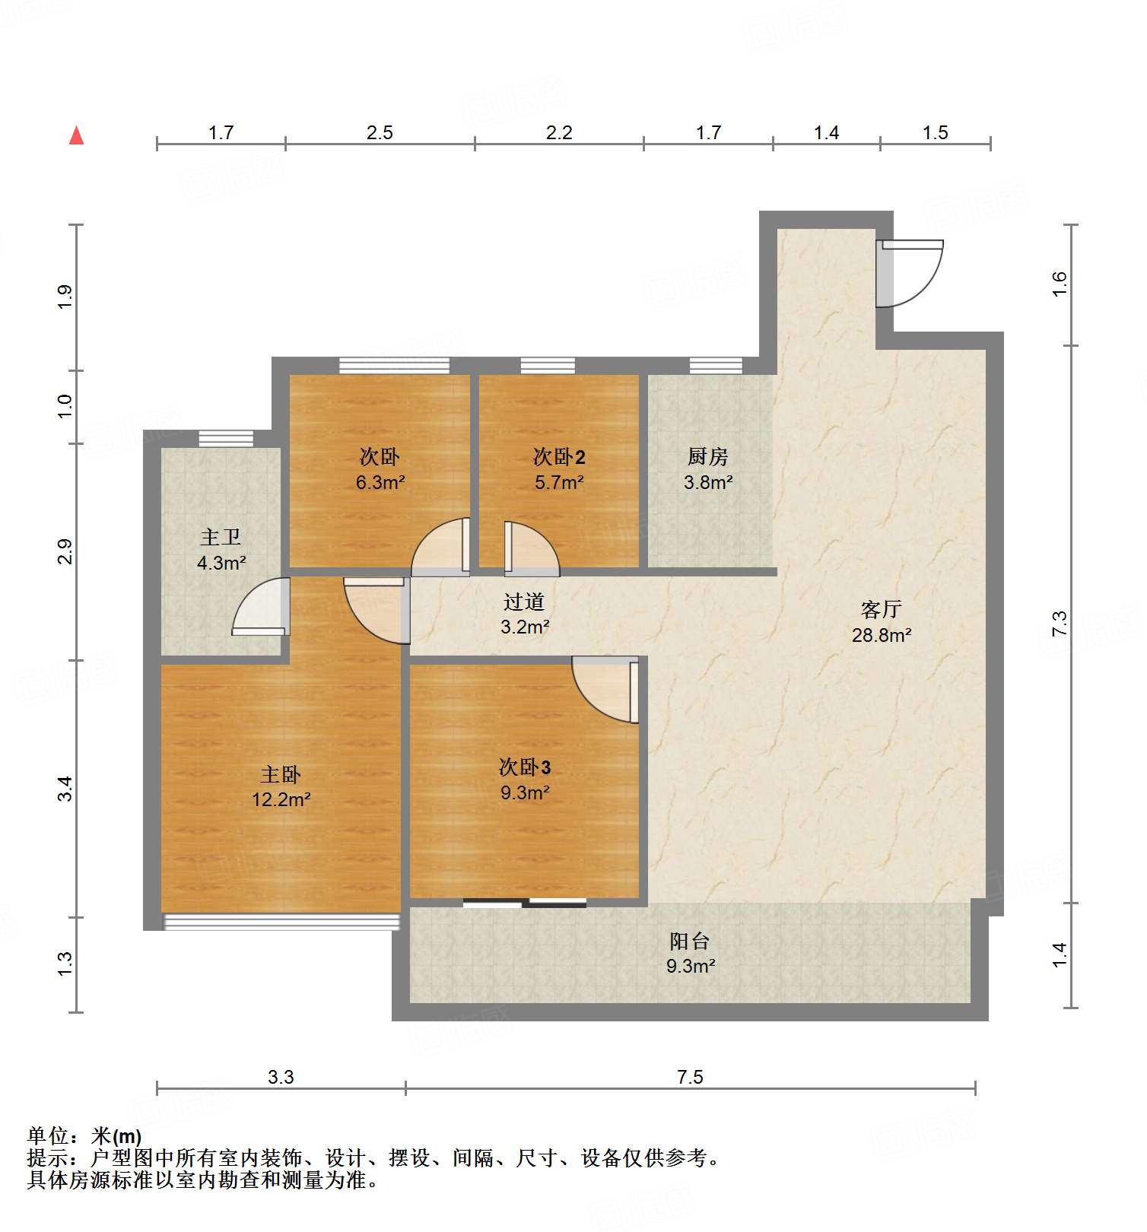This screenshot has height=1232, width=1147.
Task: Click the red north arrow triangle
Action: click(x=76, y=136)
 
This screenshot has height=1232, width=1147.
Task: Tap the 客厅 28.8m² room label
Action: click(x=881, y=621)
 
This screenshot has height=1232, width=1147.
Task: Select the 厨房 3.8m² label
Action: click(x=707, y=468)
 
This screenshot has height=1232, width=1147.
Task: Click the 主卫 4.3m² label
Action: click(x=221, y=550)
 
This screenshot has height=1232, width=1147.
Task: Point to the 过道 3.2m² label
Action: click(x=524, y=614)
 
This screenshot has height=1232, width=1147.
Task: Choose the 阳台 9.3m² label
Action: click(x=690, y=953)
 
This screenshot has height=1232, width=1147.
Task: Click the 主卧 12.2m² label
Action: click(x=281, y=786)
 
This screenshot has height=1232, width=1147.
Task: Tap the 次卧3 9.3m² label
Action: click(x=524, y=780)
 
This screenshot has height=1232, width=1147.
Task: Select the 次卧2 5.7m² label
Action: click(x=558, y=468)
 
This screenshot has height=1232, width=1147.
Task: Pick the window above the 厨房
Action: click(x=715, y=366)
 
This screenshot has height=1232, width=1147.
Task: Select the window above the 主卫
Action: click(x=226, y=439)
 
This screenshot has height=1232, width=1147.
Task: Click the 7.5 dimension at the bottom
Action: click(x=690, y=1077)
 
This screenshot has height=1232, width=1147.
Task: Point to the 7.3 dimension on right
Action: click(x=1059, y=624)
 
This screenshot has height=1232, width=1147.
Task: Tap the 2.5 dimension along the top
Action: click(x=380, y=133)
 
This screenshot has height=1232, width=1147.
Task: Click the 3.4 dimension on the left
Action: click(x=65, y=788)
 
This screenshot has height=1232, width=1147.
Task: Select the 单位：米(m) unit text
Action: click(x=84, y=1136)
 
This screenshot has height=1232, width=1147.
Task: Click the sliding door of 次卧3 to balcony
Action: click(x=525, y=903)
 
